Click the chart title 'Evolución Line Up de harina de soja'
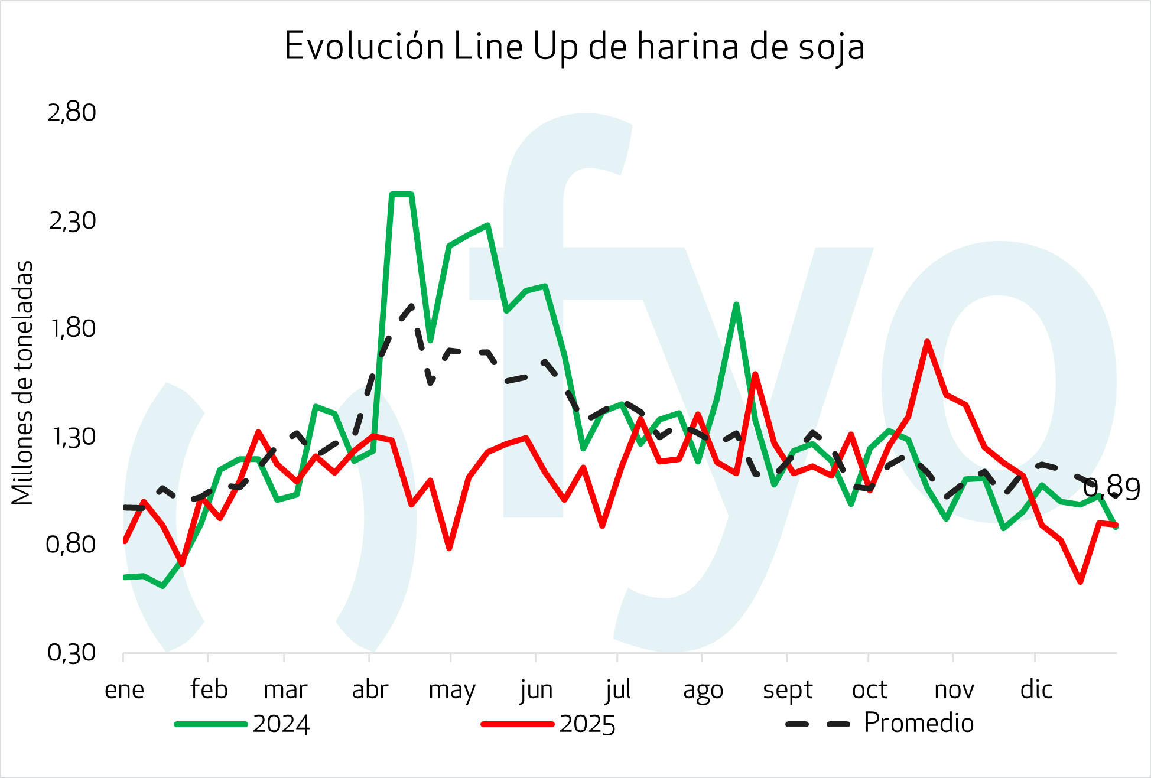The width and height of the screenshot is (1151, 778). coord(574,47)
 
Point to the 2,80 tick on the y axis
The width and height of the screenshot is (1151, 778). coord(71,112)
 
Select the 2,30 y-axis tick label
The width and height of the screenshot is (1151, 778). coord(71,221)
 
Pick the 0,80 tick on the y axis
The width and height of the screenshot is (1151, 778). coord(71,544)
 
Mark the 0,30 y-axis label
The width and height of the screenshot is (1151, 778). coord(71,653)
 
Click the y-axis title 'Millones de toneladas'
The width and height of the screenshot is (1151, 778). coord(23,383)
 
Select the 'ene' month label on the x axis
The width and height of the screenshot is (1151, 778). coord(124,689)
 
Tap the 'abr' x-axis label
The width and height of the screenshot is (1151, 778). coord(370,689)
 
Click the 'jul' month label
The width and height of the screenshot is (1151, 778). coord(618,689)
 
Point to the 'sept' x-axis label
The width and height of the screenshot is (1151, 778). coord(788,689)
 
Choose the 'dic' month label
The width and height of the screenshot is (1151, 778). coord(1036,689)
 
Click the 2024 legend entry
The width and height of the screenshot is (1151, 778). coord(242,724)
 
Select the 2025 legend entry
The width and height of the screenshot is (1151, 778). coord(549,724)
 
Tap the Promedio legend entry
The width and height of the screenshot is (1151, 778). coord(880,723)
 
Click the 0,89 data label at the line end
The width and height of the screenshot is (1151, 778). coord(1111,489)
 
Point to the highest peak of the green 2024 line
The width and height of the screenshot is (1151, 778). coord(402,194)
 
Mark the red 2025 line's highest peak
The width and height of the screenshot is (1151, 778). coord(928,341)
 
